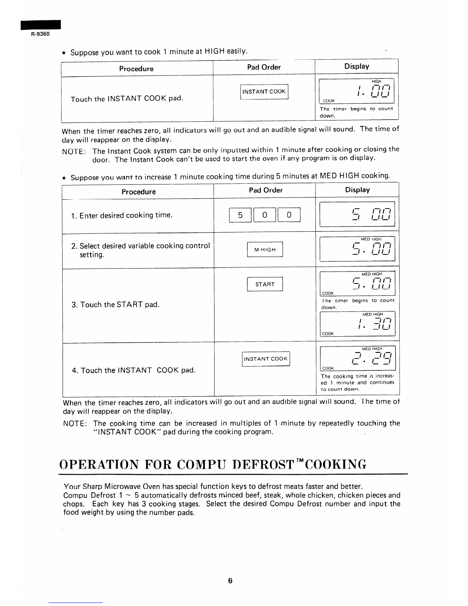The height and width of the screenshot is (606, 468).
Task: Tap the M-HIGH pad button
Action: [x=265, y=250]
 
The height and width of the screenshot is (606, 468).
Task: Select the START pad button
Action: [x=265, y=284]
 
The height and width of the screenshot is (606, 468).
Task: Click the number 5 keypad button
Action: [x=240, y=215]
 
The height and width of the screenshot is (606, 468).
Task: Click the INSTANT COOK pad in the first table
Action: [x=264, y=92]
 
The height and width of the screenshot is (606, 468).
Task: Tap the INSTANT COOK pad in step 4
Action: [x=266, y=359]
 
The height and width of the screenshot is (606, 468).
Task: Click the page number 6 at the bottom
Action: [x=230, y=581]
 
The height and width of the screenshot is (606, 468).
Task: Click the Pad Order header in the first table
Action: [x=264, y=67]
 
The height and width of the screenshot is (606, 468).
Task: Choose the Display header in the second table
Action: [x=357, y=190]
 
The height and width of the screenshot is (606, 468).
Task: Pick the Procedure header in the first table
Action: [x=136, y=69]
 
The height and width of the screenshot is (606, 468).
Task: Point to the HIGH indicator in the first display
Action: [x=376, y=81]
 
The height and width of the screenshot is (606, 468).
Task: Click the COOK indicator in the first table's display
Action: [x=329, y=101]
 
